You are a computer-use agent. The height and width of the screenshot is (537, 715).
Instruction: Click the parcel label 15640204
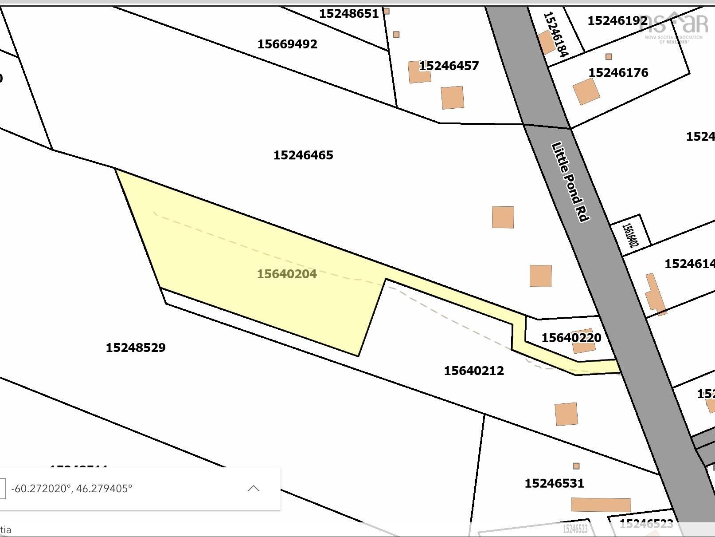pos(287,274)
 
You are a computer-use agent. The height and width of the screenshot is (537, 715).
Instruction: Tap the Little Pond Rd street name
pos(570,182)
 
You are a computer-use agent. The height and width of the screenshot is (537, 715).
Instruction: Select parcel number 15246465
pos(303,155)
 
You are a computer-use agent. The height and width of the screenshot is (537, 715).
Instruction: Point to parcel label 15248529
pos(136,347)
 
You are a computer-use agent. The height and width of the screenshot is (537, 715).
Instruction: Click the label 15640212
pos(474,371)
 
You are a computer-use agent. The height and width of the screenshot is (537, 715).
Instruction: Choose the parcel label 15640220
pos(571,338)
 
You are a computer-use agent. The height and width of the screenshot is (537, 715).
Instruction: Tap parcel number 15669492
pos(287,44)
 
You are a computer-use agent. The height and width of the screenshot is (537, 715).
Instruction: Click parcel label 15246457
pos(449,66)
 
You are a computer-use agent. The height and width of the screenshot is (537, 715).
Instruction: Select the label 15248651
pos(349,14)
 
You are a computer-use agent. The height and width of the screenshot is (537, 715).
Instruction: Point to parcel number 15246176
pos(618,73)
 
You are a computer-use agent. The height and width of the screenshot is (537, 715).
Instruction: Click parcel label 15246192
pos(617,21)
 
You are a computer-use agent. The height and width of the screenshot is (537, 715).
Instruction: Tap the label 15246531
pos(554,483)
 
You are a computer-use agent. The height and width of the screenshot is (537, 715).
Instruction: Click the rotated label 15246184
pos(555,35)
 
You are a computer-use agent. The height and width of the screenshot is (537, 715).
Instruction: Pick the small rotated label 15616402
pos(631,235)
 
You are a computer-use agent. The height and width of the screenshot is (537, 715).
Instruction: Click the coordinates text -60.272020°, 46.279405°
pos(71,489)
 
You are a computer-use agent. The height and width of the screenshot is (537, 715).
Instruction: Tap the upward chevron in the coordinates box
pos(253,489)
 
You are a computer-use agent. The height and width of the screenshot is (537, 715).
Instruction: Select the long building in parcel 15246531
pos(601,505)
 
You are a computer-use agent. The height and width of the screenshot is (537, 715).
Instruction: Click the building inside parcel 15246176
pos(586,92)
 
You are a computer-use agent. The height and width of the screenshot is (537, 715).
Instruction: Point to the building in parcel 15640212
pos(566,414)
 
